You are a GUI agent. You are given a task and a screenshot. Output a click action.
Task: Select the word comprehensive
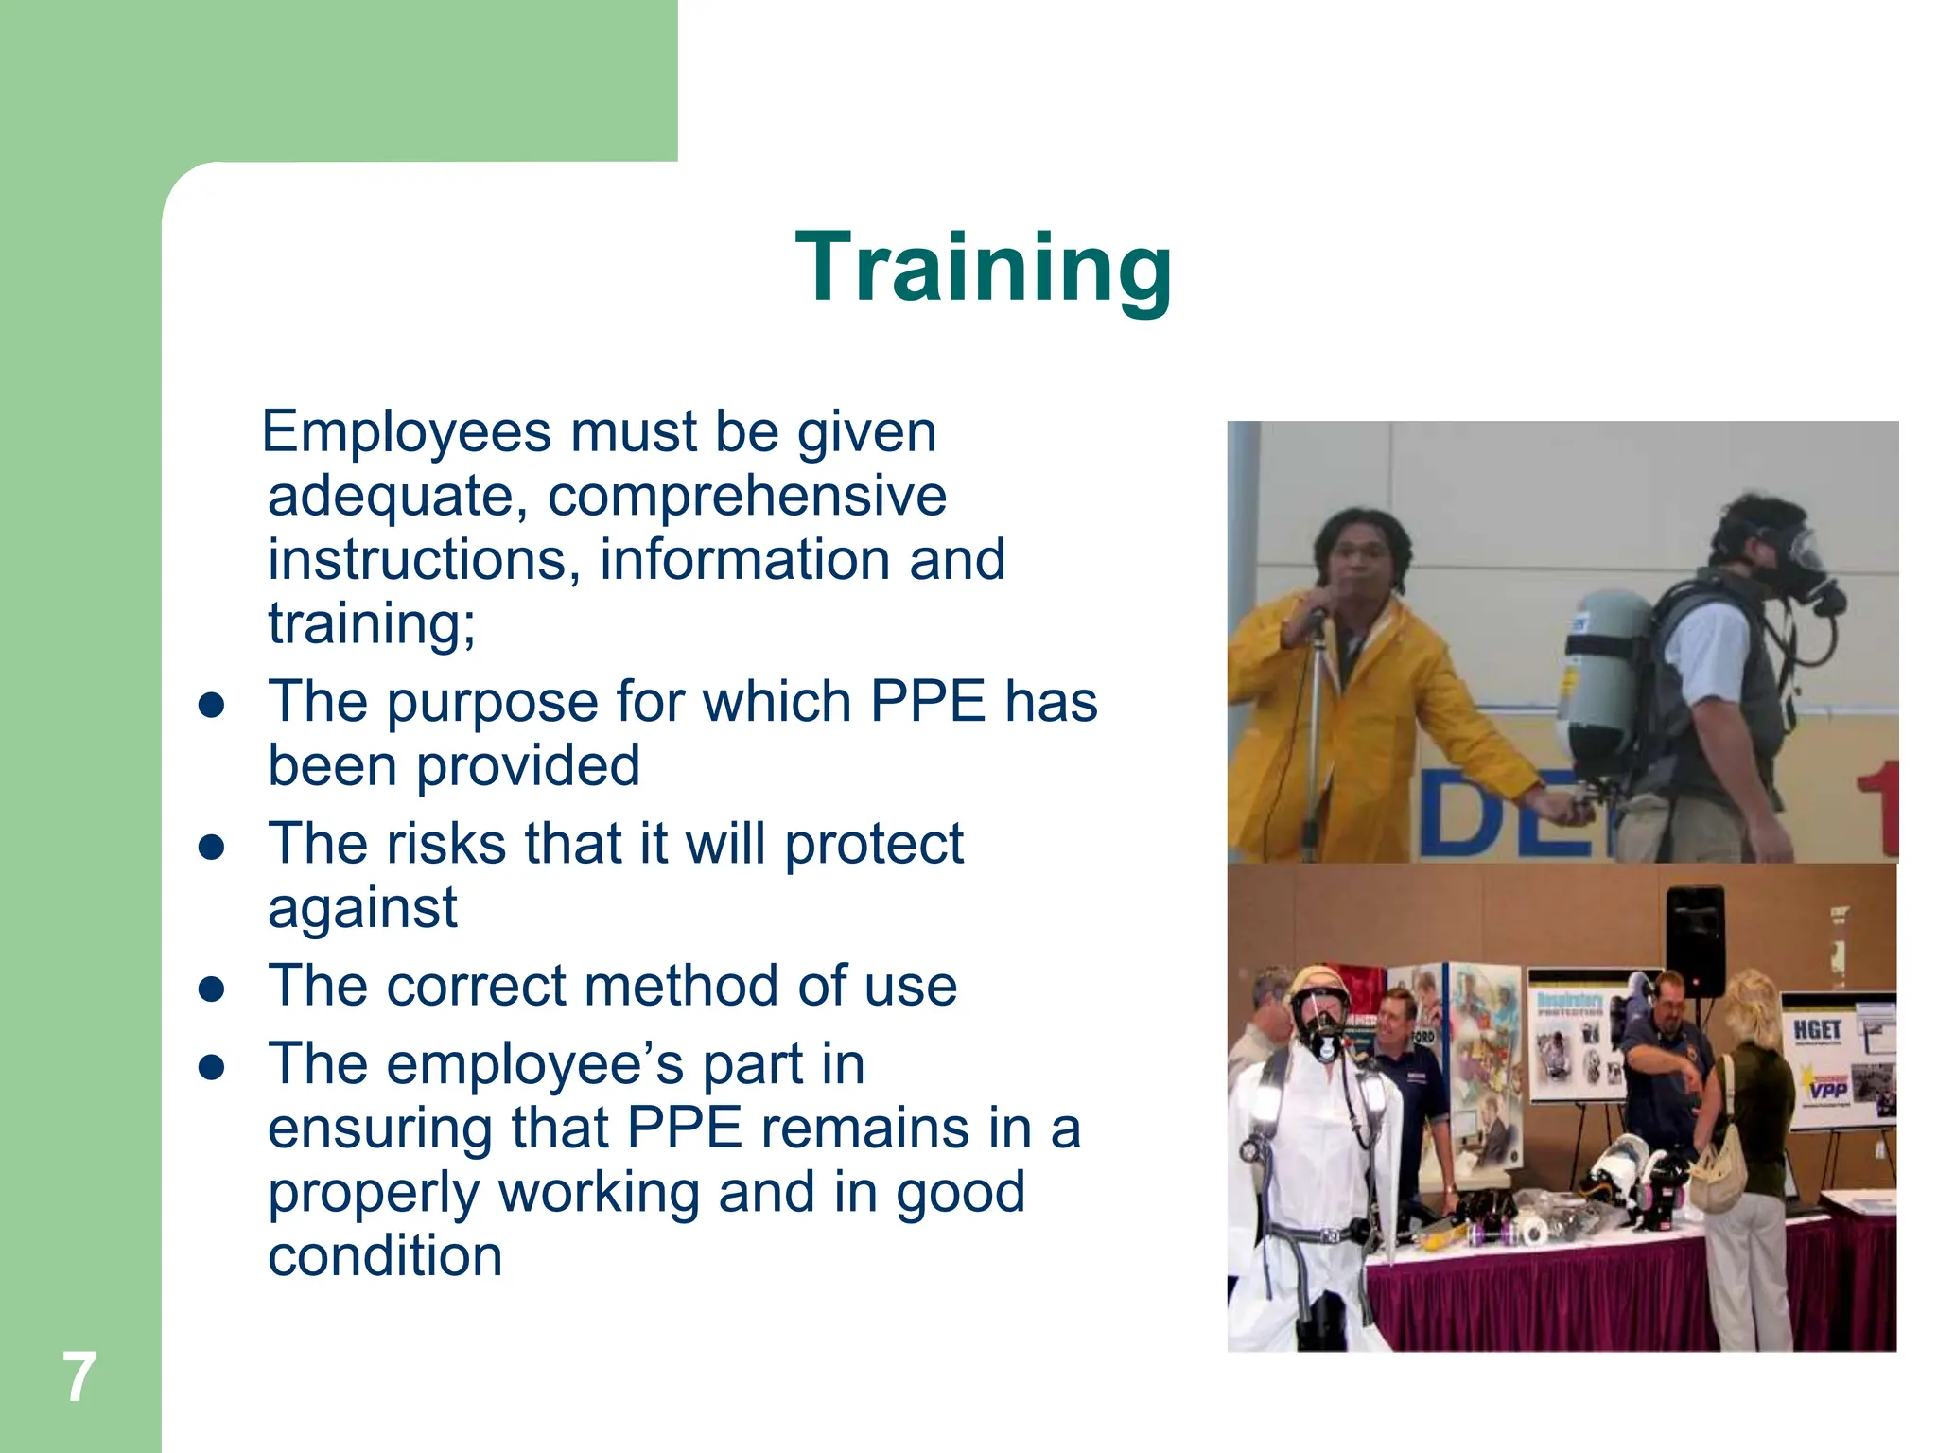(747, 497)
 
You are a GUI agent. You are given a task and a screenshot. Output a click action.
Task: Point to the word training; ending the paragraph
(372, 624)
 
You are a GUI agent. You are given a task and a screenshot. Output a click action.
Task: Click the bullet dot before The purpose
(212, 706)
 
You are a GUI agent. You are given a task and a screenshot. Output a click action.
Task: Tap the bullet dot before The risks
(212, 848)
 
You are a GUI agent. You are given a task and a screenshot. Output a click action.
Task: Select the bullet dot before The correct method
(212, 989)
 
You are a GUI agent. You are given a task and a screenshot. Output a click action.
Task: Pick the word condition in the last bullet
(385, 1257)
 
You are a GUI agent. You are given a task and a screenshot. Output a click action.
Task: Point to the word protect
(874, 844)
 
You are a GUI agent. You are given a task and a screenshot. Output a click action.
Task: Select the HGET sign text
(1817, 1029)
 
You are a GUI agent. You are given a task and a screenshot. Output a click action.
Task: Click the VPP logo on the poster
(1827, 1089)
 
